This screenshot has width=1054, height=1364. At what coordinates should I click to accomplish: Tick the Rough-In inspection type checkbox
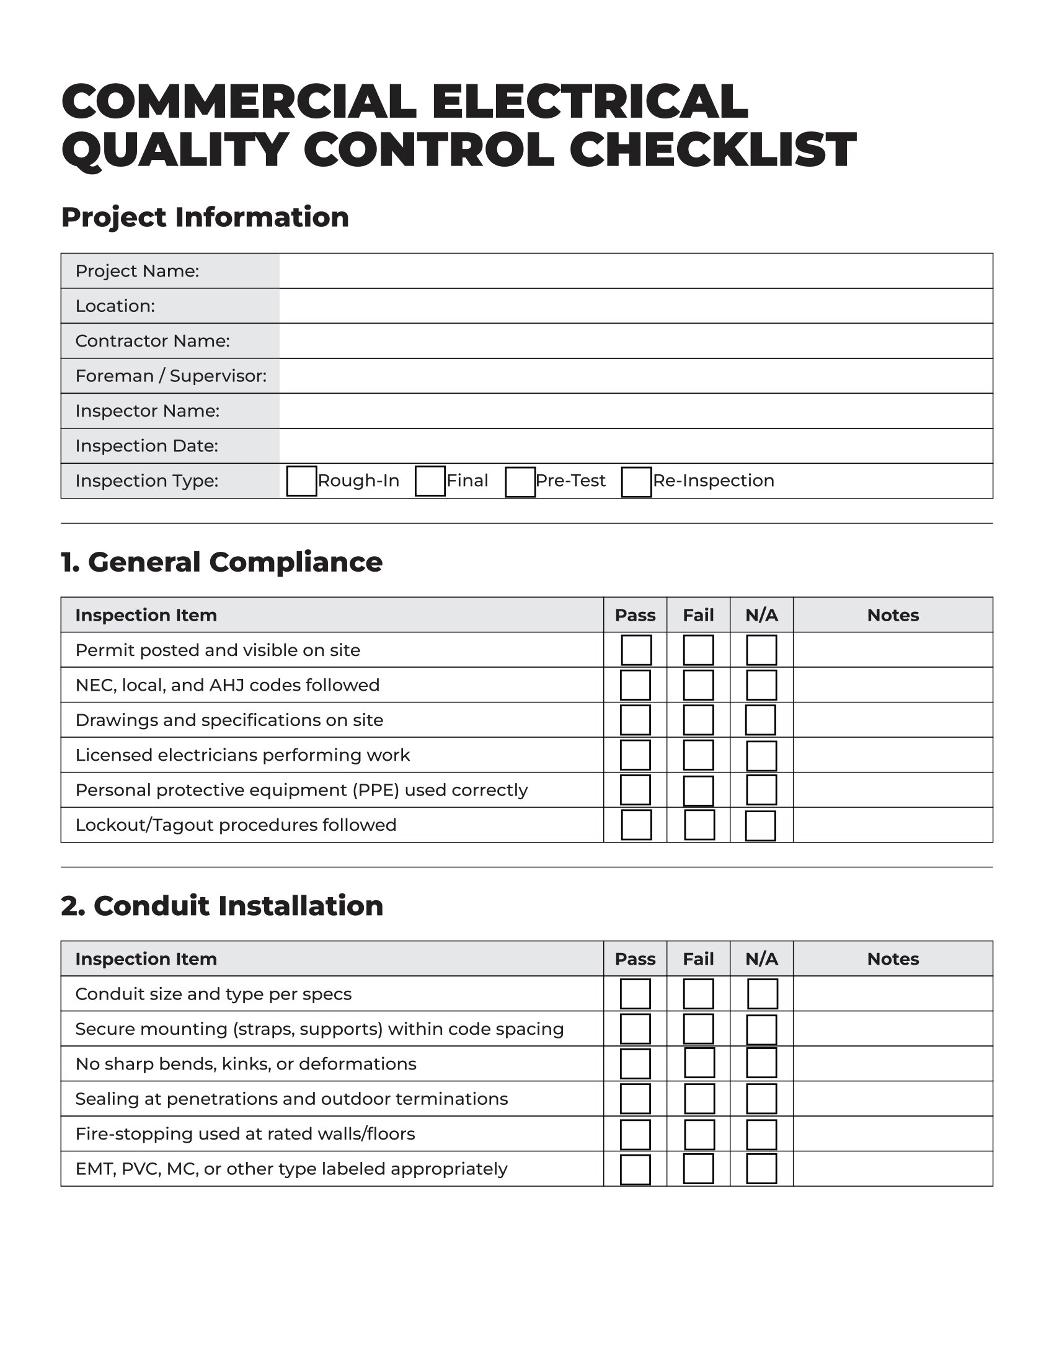[301, 481]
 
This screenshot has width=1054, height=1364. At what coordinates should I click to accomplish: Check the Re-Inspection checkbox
[636, 482]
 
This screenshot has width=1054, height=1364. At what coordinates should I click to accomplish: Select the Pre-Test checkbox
[520, 482]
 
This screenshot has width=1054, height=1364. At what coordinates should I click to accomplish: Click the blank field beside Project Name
[635, 271]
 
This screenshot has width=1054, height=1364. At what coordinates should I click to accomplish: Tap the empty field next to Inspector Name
[635, 411]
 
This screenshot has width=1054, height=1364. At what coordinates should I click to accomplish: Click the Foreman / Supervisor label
[170, 376]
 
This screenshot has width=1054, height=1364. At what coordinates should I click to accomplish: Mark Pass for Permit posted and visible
[636, 650]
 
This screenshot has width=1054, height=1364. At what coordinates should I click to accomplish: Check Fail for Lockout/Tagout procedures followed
[699, 825]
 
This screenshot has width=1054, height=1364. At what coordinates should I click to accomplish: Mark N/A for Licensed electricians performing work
[761, 756]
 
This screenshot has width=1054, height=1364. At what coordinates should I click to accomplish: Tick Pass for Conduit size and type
[635, 994]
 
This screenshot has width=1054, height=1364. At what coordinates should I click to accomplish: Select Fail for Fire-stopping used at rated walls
[699, 1134]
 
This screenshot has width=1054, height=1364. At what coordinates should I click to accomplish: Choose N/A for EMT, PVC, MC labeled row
[761, 1169]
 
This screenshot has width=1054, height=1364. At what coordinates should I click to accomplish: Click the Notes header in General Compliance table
[892, 615]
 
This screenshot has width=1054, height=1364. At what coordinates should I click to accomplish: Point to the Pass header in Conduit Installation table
[635, 959]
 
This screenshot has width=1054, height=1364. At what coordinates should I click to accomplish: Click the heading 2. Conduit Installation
[222, 906]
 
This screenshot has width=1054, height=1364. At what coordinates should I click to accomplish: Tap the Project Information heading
[205, 218]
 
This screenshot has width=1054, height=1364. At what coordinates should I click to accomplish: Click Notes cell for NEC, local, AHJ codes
[892, 685]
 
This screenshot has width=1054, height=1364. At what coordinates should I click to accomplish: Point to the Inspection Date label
[147, 446]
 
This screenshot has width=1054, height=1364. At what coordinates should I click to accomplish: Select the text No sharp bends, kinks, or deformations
[246, 1063]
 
